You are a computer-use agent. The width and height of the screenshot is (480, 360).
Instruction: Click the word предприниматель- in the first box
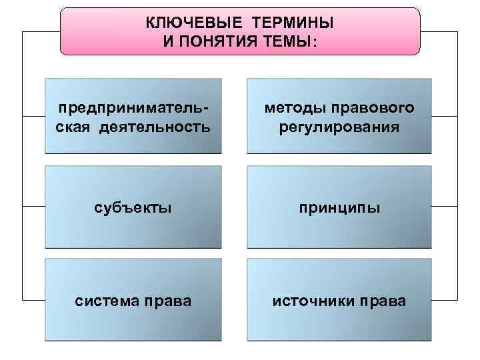[133, 108]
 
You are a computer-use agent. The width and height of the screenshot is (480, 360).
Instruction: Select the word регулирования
[340, 126]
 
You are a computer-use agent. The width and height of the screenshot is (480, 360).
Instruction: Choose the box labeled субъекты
[133, 209]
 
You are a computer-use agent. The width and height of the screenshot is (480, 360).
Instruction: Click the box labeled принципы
[340, 209]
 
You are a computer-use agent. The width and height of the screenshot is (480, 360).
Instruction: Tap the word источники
[310, 301]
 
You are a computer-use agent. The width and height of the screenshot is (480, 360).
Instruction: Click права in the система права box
[169, 301]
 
